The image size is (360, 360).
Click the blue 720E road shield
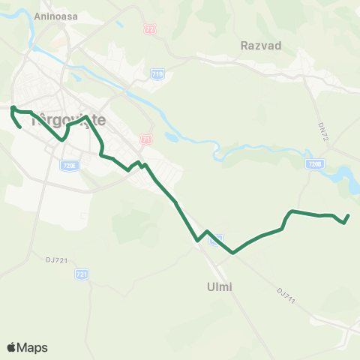coord(69,165)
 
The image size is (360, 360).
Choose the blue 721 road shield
coord(82,275)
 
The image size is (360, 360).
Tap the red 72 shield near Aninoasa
coord(150,28)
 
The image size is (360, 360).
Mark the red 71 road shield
coord(146,139)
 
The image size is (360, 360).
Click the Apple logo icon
coord(11,347)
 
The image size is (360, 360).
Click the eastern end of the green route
coord(348,216)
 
